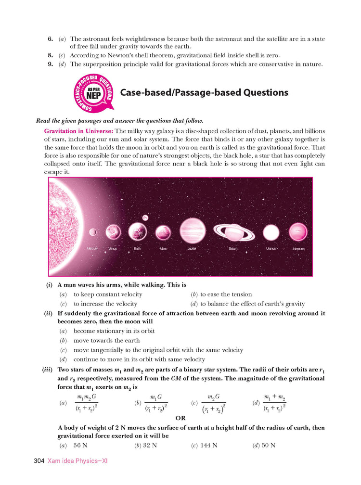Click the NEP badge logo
point(93,93)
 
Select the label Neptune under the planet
point(298,249)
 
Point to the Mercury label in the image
point(93,248)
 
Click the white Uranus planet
point(271,232)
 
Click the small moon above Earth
point(145,217)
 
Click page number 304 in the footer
point(39,461)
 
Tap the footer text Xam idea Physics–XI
point(77,461)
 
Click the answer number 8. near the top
point(50,56)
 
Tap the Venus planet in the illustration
point(113,232)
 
